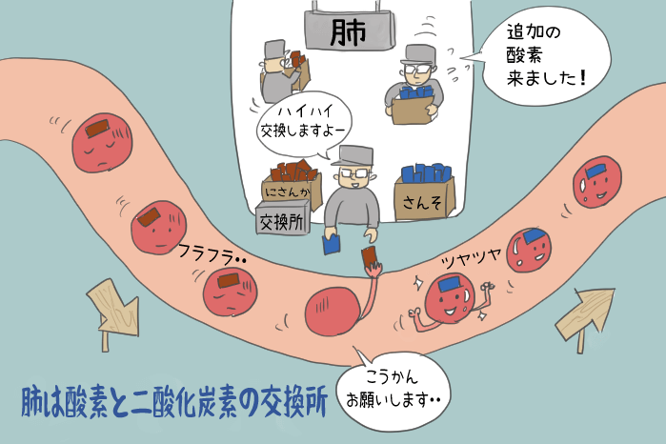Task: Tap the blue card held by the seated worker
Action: coord(330,245)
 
